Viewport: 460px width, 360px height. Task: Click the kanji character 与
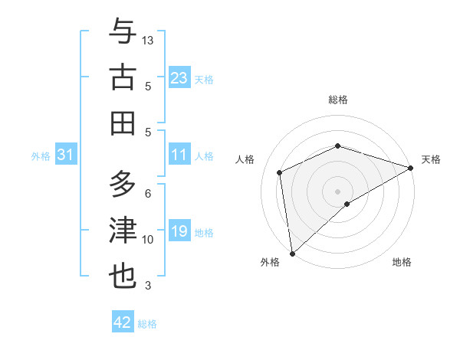tap(123, 32)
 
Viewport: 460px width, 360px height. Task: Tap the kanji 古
tap(123, 78)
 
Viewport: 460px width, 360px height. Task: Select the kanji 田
tap(123, 123)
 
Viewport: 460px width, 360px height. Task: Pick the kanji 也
tap(123, 276)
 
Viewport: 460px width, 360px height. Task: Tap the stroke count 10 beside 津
tap(148, 240)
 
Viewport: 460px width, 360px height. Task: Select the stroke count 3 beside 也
tap(148, 286)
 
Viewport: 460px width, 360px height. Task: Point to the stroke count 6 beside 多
tap(148, 194)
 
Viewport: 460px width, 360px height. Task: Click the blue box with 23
tap(179, 78)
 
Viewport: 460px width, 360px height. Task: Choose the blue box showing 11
tap(179, 155)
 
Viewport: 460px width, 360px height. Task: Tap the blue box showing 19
tap(179, 232)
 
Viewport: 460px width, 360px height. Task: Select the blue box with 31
tap(65, 155)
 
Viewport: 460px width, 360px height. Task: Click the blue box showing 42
tap(122, 322)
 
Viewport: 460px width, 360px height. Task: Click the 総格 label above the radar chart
tap(338, 100)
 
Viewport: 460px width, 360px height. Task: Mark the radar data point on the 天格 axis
tap(411, 169)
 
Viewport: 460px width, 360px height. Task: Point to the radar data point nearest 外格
tap(291, 253)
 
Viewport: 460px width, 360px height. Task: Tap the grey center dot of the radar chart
tap(338, 191)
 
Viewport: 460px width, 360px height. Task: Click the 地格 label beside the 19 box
tap(205, 233)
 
